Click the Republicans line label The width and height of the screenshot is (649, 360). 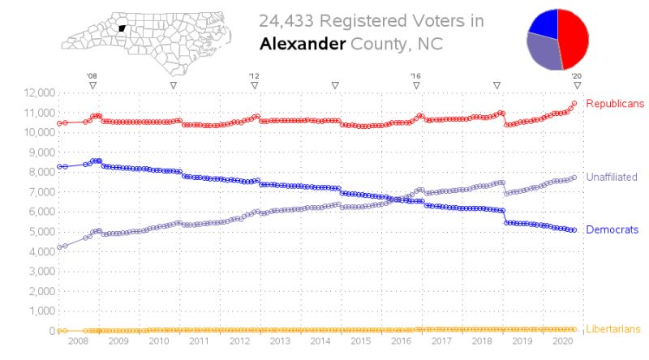point(614,104)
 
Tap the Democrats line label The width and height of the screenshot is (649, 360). point(612,230)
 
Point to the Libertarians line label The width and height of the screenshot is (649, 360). point(613,329)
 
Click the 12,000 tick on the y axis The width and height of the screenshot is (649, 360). point(32,92)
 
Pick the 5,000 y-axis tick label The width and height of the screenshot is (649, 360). point(35,231)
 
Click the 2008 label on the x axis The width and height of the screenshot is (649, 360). point(78,343)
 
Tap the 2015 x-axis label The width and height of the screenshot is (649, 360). point(360,343)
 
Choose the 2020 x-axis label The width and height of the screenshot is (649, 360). point(562,343)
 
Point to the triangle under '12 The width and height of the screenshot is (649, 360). point(254,84)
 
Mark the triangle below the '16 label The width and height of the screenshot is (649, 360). point(415,84)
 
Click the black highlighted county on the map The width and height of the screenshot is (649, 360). point(122,28)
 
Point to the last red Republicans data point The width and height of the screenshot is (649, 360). point(574,104)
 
